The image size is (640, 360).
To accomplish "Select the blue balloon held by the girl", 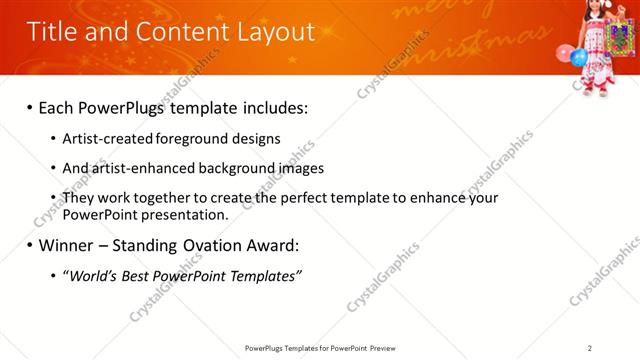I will [x=578, y=57].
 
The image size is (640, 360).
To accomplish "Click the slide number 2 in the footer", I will [x=590, y=348].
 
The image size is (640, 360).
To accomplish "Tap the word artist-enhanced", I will [x=137, y=168].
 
